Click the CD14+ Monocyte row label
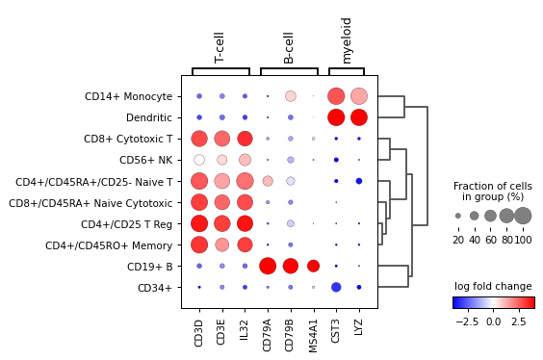tap(128, 96)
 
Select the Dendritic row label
tap(149, 117)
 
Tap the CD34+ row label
tap(156, 287)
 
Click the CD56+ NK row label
tap(145, 160)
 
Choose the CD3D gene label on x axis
tap(199, 332)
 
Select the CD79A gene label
tap(268, 333)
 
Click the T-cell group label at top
tap(220, 46)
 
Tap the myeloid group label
tap(348, 40)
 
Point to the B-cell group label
tap(289, 46)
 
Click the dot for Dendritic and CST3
tap(336, 117)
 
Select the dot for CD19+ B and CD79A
tap(268, 266)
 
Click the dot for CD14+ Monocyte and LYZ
tap(359, 96)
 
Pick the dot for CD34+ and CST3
tap(336, 287)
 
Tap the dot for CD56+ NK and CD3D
tap(199, 160)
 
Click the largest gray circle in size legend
tap(523, 216)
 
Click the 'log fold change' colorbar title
tap(493, 287)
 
